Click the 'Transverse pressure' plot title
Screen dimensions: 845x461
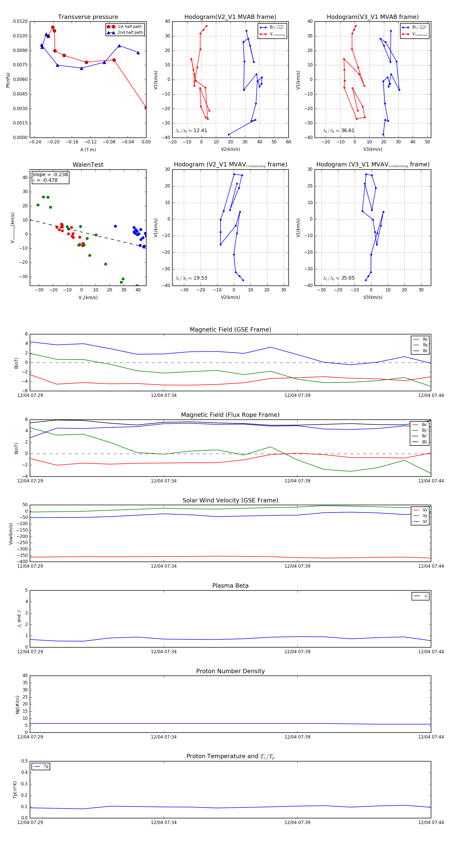tap(88, 17)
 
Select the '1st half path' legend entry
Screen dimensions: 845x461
tap(129, 27)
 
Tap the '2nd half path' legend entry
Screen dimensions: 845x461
tap(130, 33)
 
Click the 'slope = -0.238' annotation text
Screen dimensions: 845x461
tap(50, 175)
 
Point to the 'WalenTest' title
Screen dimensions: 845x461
tap(88, 165)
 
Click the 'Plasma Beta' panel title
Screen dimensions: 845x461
tap(230, 586)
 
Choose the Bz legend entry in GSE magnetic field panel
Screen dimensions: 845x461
tap(425, 351)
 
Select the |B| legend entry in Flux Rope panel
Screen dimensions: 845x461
tap(424, 442)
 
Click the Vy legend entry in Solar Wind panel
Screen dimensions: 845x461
tap(425, 516)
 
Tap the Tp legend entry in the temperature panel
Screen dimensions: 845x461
tap(46, 766)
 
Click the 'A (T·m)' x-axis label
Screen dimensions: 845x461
tap(88, 150)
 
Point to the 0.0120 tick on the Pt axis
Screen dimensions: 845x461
tap(20, 21)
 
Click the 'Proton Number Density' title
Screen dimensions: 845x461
tap(230, 671)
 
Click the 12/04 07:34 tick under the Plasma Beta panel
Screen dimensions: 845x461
tap(164, 651)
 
